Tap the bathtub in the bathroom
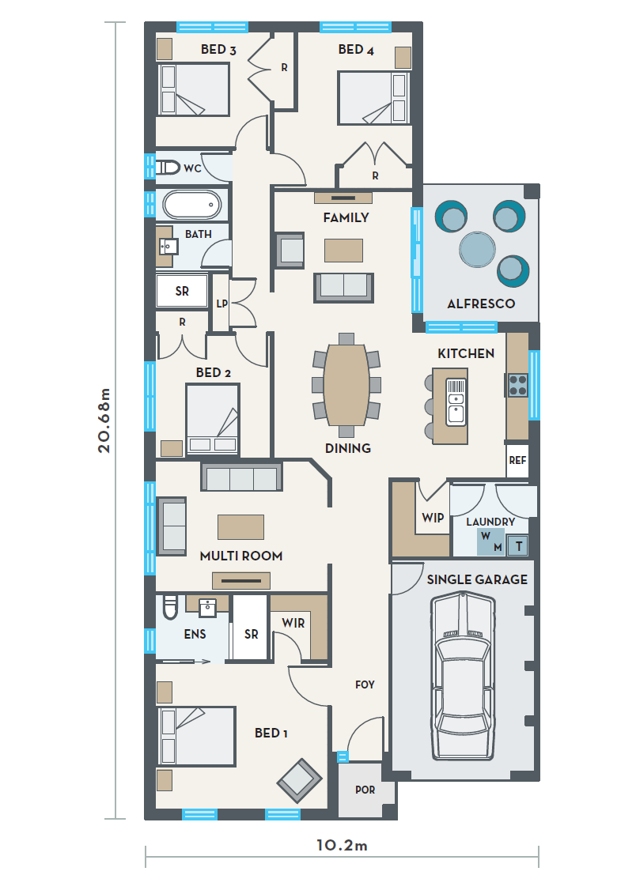[x=192, y=205]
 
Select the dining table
[x=346, y=385]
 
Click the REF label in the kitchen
[x=517, y=460]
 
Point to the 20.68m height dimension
[x=104, y=421]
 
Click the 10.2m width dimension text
[x=342, y=846]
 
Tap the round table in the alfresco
[x=478, y=250]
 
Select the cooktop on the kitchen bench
[x=517, y=384]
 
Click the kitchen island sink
[x=456, y=402]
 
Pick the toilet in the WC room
[x=167, y=167]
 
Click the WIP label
[x=433, y=518]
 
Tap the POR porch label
[x=365, y=790]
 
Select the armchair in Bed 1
[x=300, y=781]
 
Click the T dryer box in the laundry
[x=519, y=545]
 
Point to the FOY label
[x=365, y=685]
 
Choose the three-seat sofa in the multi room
[x=242, y=477]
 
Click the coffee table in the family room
[x=344, y=250]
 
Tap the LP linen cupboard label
[x=221, y=304]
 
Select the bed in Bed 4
[x=373, y=98]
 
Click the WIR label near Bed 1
[x=293, y=623]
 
